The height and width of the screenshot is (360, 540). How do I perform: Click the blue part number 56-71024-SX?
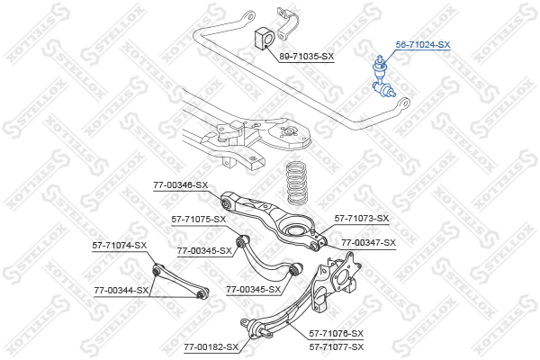(423, 45)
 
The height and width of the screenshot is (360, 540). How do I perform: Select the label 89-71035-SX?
(307, 56)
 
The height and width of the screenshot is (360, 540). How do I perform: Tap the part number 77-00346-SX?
(181, 185)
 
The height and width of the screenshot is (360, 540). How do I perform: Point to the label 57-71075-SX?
(199, 219)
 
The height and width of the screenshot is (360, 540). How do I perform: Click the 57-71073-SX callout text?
(362, 218)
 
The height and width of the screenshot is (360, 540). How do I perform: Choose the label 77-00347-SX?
(368, 242)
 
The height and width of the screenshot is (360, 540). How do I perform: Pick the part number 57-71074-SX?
(120, 246)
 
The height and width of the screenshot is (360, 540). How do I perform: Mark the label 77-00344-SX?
(121, 291)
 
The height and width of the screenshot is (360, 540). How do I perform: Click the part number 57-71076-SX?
(336, 334)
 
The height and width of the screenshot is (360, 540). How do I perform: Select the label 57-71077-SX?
(336, 346)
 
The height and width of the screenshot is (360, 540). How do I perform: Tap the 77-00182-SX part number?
(211, 346)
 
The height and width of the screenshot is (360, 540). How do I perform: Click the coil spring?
(297, 184)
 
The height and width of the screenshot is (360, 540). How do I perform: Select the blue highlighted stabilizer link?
(383, 77)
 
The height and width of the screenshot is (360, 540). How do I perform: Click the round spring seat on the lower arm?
(293, 229)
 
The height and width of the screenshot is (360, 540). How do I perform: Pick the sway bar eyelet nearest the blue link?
(403, 103)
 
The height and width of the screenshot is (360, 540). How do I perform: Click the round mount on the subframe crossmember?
(287, 131)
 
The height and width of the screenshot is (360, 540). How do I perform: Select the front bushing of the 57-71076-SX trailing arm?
(256, 329)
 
